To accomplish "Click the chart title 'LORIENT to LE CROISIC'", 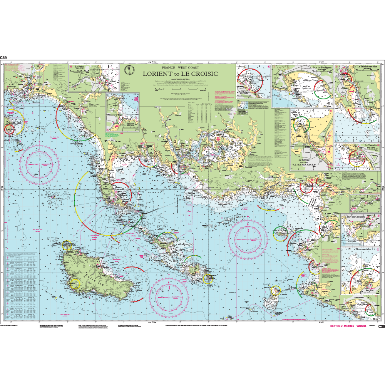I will tap(180, 74).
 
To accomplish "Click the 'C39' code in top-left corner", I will tap(3, 58).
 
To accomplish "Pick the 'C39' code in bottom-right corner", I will tap(381, 327).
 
